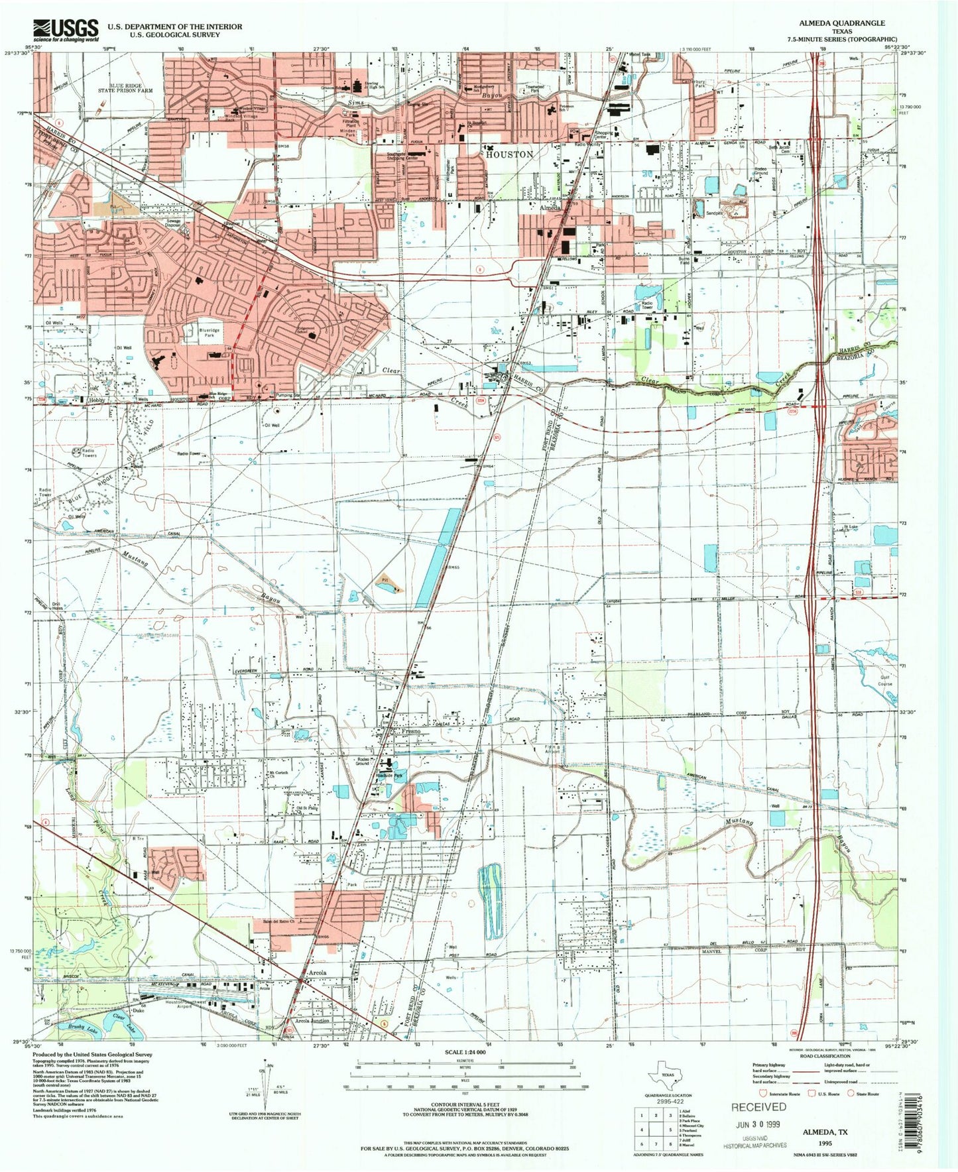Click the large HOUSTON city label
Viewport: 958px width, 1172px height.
click(509, 154)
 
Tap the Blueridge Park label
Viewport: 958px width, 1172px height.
click(209, 332)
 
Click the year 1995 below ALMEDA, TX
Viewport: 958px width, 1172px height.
click(824, 1143)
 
